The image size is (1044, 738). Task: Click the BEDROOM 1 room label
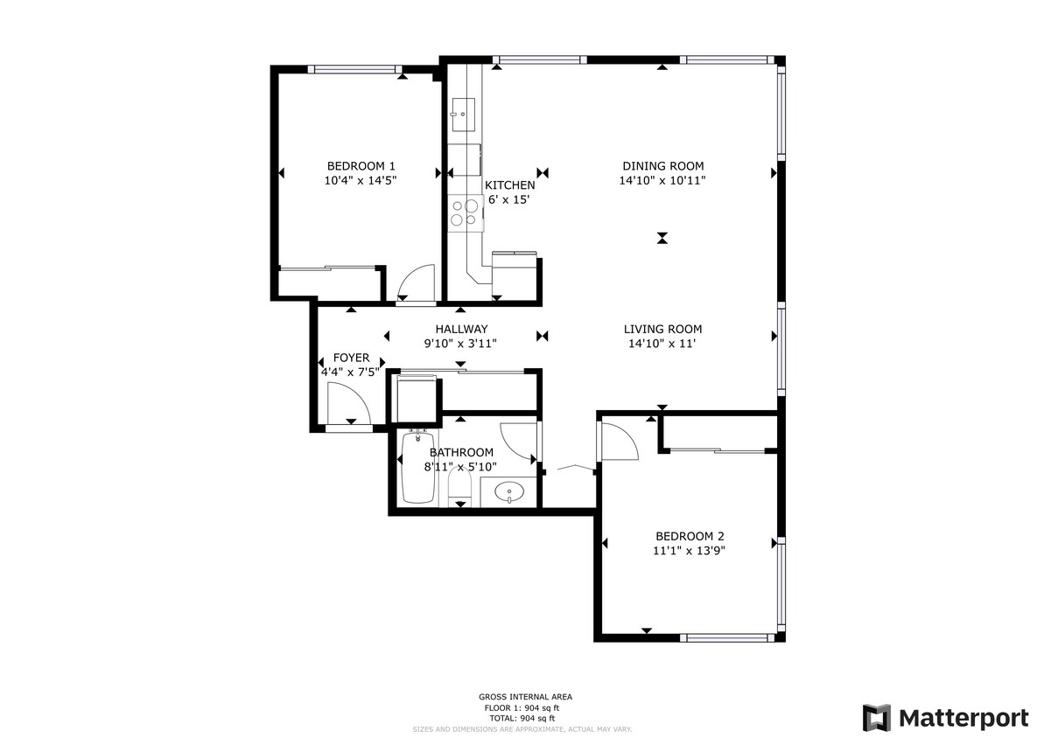361,166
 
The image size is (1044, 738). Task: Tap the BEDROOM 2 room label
690,536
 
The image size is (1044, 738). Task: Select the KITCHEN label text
509,185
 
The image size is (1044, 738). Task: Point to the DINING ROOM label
662,166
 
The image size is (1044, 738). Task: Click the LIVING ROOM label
662,330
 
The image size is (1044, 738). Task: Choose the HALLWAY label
460,330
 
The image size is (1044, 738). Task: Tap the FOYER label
352,359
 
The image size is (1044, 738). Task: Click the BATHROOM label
461,452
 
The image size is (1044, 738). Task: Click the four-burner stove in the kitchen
464,212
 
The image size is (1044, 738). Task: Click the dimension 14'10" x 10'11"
662,180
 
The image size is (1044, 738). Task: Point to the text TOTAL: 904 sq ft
521,717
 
